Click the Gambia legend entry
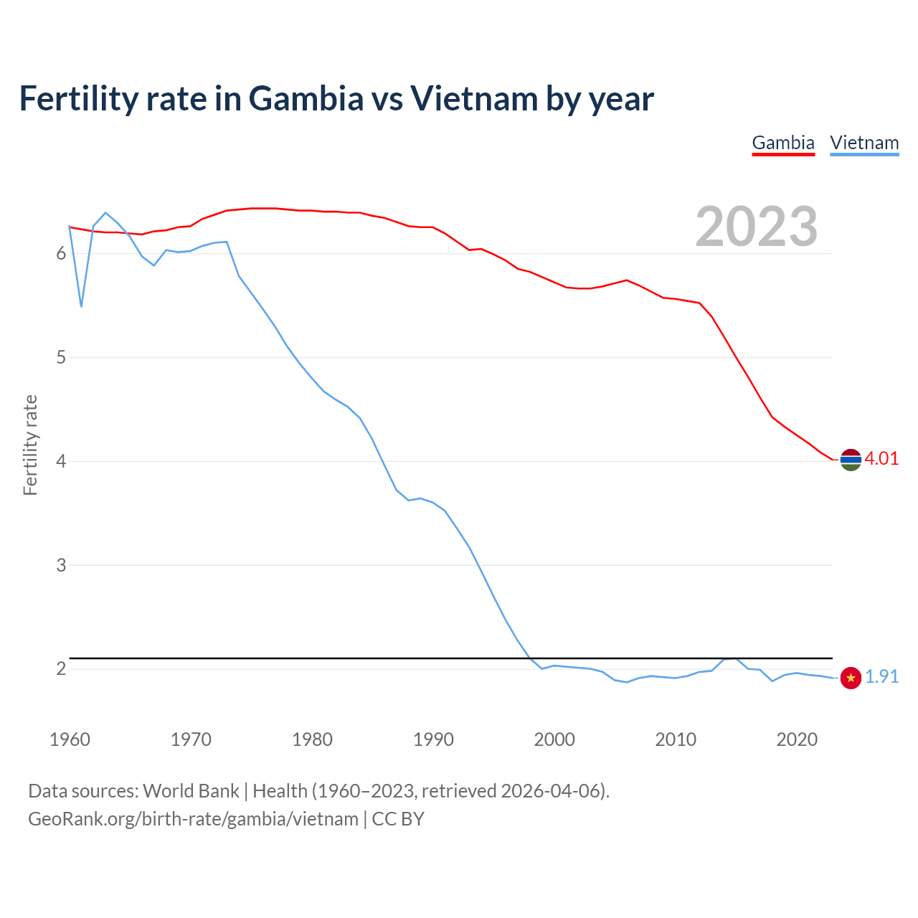(782, 143)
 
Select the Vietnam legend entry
(864, 143)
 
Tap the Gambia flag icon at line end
(851, 459)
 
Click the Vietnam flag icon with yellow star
(851, 678)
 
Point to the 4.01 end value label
(881, 459)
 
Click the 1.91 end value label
(881, 677)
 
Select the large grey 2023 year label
(756, 227)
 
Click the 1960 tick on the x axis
(70, 739)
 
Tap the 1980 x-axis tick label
(312, 739)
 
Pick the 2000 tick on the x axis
(554, 739)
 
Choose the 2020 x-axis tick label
(797, 739)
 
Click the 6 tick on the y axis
(61, 254)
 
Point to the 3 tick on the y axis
(61, 565)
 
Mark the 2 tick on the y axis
(61, 669)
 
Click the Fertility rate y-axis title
(30, 445)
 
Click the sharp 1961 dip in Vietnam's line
(82, 306)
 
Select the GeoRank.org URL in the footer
(193, 819)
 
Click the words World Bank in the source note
(191, 791)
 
